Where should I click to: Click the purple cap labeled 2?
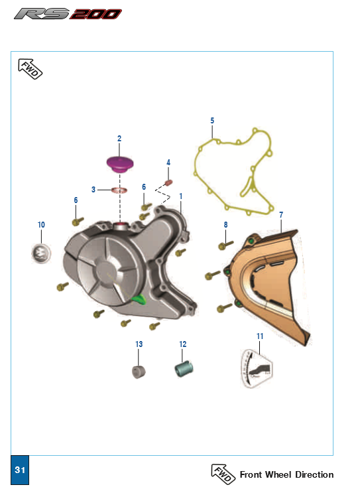pyautogui.click(x=120, y=164)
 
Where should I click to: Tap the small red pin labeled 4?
pyautogui.click(x=168, y=182)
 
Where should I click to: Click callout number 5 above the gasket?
pyautogui.click(x=212, y=121)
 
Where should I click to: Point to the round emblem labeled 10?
pyautogui.click(x=41, y=253)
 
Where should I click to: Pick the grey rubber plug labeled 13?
pyautogui.click(x=139, y=372)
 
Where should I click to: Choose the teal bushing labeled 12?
pyautogui.click(x=184, y=369)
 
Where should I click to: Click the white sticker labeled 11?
pyautogui.click(x=257, y=368)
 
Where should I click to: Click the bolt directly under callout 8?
pyautogui.click(x=226, y=245)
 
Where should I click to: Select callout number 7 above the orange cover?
pyautogui.click(x=281, y=215)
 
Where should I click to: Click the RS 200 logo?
pyautogui.click(x=68, y=14)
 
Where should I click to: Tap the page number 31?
pyautogui.click(x=20, y=470)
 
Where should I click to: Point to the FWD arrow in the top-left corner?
pyautogui.click(x=30, y=68)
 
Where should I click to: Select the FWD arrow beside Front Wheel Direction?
pyautogui.click(x=223, y=474)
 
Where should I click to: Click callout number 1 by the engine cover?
pyautogui.click(x=180, y=196)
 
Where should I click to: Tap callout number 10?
pyautogui.click(x=41, y=224)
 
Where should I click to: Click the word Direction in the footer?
pyautogui.click(x=314, y=474)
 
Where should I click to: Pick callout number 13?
pyautogui.click(x=139, y=344)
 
